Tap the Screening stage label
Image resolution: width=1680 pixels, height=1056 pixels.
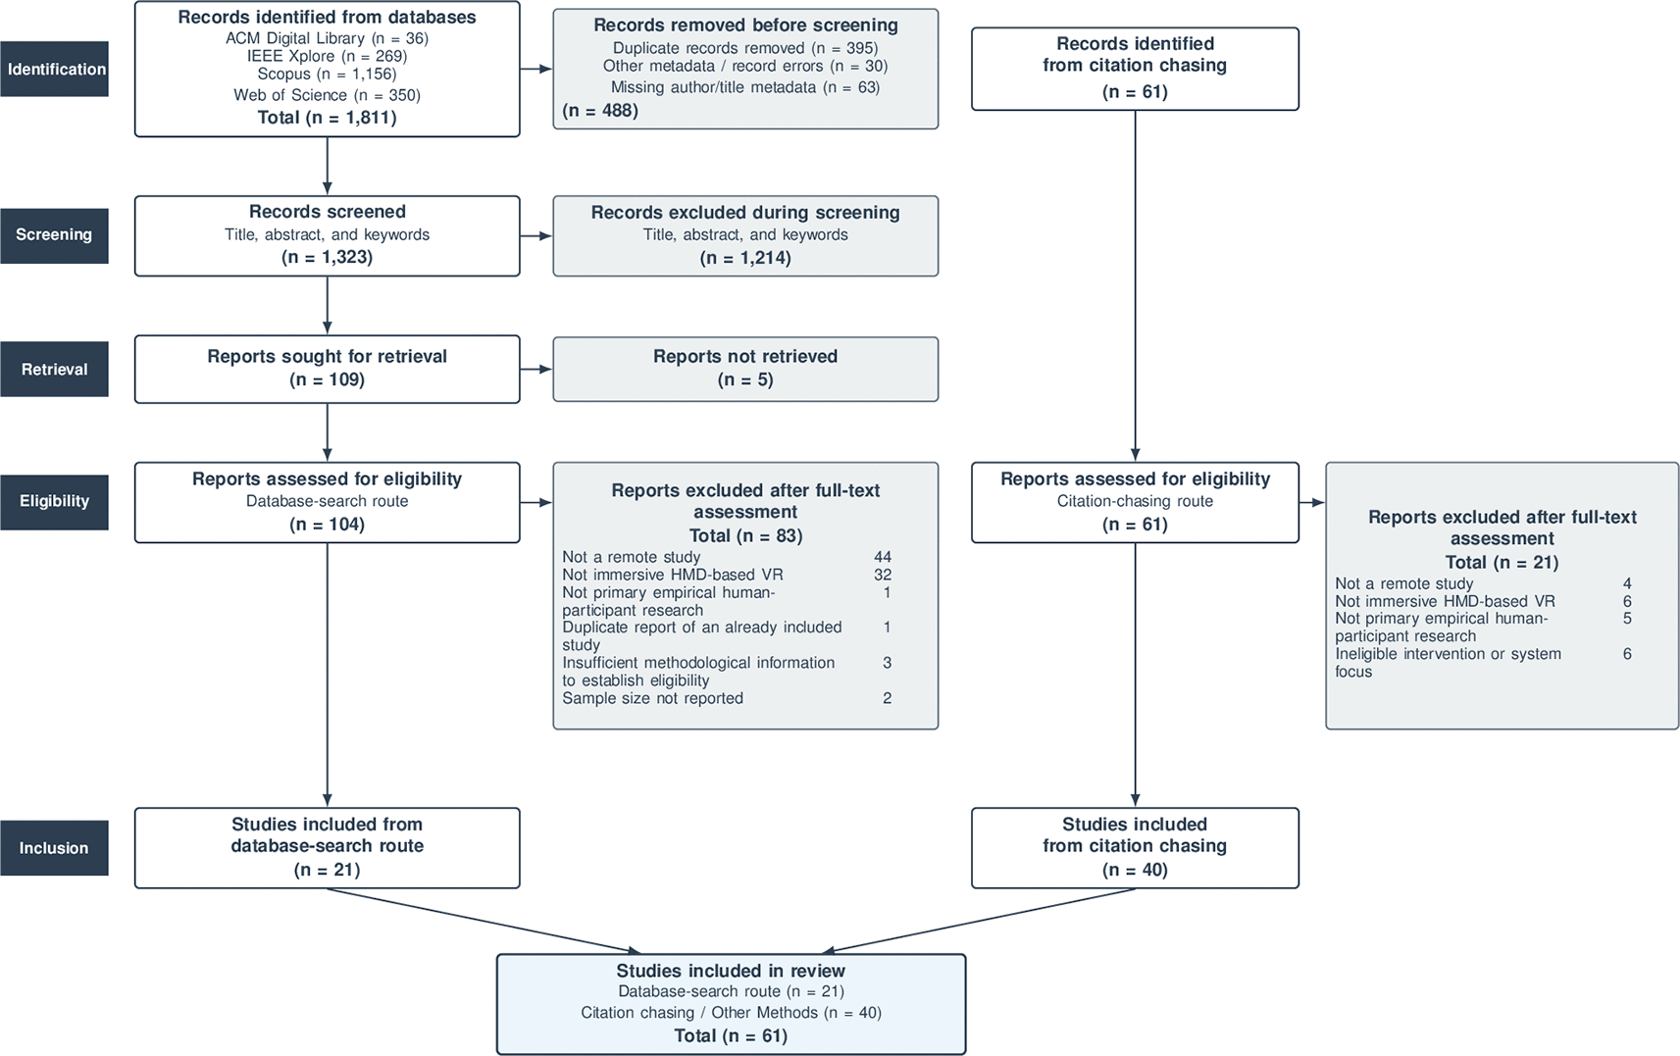pos(54,235)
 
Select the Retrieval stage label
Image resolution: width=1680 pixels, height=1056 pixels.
pos(54,369)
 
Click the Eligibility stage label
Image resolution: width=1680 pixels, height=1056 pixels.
pos(54,502)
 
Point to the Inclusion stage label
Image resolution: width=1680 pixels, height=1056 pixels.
pos(54,848)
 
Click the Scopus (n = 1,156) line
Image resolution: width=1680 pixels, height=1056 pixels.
pos(327,75)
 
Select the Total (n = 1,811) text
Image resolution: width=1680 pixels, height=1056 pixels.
pos(327,117)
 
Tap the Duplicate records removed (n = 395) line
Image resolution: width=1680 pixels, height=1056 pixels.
pos(745,48)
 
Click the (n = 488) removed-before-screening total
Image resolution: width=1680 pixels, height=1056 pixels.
pos(601,110)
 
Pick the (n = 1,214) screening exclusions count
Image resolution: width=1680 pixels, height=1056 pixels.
pos(745,258)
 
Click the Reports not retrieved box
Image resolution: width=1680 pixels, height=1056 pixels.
pos(745,369)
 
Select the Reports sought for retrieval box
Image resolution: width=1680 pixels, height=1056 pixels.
pos(327,369)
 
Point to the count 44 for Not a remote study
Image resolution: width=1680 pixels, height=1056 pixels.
pos(883,557)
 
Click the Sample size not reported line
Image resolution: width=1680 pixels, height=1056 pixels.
pos(652,698)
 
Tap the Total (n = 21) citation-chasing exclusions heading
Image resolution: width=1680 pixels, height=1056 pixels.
pos(1502,563)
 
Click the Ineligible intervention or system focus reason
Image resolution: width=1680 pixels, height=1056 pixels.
pos(1449,662)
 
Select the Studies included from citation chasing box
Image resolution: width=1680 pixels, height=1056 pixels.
pos(1135,848)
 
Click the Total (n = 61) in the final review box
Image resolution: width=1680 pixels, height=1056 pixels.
pos(731,1035)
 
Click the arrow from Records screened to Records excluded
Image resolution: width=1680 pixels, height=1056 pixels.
pos(536,236)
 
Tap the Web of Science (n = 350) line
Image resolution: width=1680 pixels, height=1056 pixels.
pos(327,95)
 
